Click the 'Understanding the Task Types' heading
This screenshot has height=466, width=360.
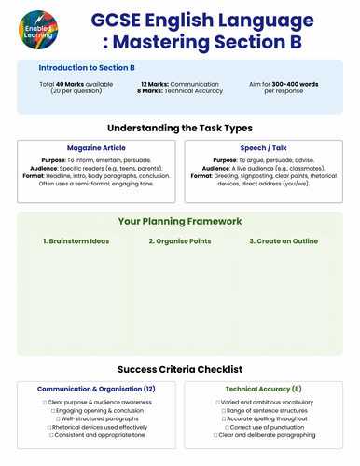coord(180,128)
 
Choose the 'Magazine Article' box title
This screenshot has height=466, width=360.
coord(97,147)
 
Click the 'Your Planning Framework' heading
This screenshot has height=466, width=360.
coord(180,222)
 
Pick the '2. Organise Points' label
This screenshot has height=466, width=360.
coord(180,241)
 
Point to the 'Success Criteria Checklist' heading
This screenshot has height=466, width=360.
coord(180,369)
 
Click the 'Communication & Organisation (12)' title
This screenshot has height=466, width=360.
coord(97,388)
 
